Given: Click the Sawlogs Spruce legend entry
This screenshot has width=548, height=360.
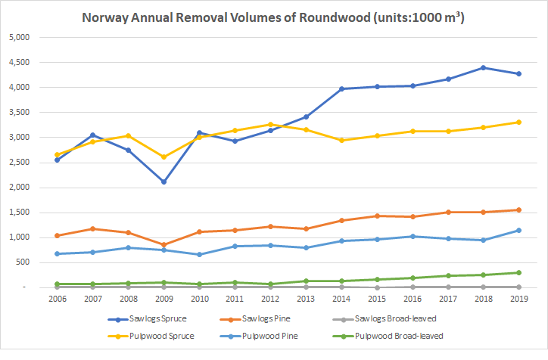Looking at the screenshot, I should (161, 318).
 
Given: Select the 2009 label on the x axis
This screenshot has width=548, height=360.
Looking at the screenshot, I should (163, 300).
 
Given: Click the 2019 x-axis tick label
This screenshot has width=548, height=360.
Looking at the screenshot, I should (518, 300).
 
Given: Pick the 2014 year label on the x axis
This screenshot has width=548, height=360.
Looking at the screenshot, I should (341, 300).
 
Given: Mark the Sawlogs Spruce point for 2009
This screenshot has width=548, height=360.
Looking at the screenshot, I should (163, 182).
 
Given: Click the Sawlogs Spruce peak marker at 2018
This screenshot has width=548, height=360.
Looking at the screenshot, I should (482, 68).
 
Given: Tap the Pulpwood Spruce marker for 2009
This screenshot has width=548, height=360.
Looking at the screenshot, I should (163, 157).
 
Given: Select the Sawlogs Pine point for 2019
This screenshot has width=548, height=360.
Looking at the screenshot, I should (518, 210).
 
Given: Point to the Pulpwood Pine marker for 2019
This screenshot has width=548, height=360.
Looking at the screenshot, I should (518, 231).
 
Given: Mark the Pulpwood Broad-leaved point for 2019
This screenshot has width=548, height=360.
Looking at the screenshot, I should (518, 273).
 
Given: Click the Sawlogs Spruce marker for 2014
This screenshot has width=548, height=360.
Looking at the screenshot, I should (341, 89).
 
